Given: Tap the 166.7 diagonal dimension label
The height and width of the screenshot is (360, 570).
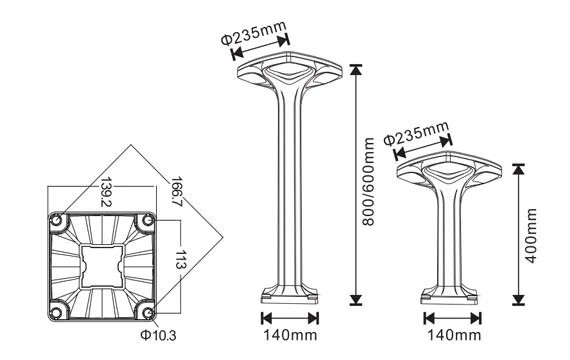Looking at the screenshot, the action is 177,192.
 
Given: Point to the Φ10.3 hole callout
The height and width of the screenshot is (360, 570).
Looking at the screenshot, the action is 158,335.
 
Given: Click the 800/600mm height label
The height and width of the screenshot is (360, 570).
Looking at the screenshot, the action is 369,182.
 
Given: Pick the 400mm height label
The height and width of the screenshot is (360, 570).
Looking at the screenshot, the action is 531,236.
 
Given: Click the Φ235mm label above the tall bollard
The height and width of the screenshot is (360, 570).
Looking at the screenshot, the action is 254,33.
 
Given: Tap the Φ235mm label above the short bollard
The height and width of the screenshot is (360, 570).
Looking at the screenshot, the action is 416,133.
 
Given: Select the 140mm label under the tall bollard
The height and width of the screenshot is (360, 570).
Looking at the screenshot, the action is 290,335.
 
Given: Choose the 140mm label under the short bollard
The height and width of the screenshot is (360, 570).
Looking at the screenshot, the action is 454,335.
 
